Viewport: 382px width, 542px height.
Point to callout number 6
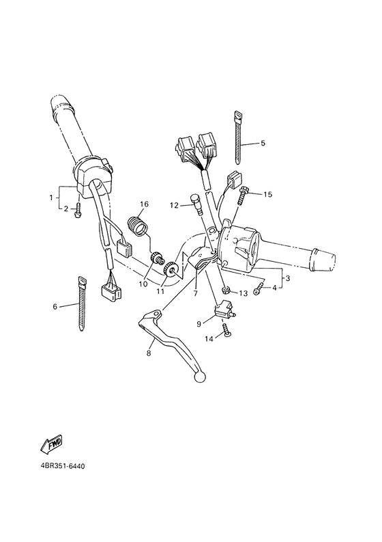[x=55, y=307]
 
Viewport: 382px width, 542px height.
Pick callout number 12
[x=174, y=204]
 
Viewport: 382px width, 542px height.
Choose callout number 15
[x=267, y=195]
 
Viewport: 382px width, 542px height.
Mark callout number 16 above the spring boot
[x=144, y=204]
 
